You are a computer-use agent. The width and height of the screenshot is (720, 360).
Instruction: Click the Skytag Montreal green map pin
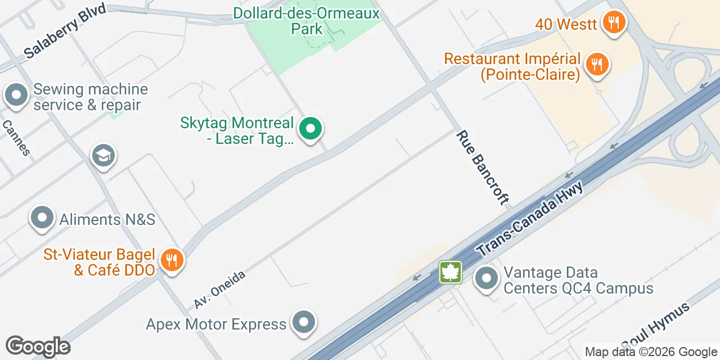coord(310,129)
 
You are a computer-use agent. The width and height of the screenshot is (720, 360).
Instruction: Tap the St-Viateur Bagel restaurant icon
coord(170,260)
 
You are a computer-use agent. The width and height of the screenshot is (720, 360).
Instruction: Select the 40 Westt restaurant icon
coord(614,23)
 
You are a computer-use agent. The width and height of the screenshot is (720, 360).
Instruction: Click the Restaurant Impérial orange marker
coord(597,64)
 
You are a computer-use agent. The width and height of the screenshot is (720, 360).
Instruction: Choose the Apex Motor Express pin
coord(304,323)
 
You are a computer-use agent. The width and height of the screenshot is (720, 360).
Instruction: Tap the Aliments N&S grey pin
coord(42,218)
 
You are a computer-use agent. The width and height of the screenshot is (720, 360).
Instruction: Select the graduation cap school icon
coord(103,156)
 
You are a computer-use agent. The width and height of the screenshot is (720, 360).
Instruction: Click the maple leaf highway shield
coord(451,273)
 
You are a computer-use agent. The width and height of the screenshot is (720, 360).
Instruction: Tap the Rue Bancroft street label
coord(483,168)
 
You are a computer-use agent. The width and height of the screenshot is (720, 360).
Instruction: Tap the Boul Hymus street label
coord(655,326)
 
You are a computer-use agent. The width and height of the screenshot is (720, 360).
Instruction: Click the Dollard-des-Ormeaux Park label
coord(307,20)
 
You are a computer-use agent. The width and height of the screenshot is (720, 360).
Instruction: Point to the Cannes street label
coord(16,138)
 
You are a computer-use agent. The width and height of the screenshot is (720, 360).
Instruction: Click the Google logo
coord(38,346)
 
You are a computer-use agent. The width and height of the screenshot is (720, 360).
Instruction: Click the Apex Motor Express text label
coord(216,325)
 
